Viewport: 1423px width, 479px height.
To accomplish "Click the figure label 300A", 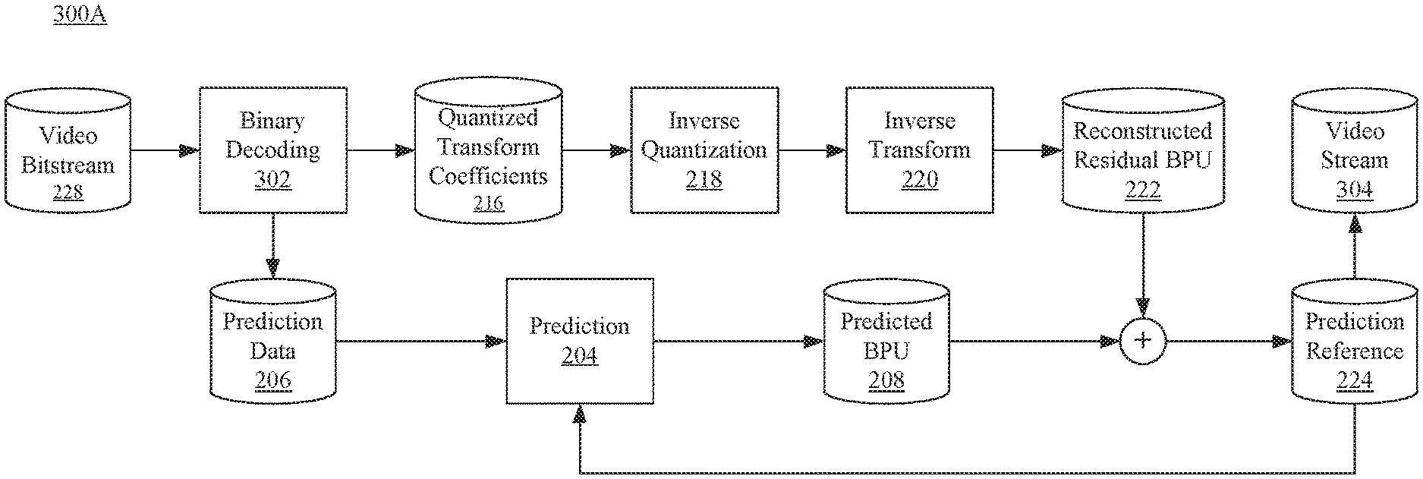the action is tap(80, 16).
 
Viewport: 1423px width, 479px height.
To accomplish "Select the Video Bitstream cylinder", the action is tap(68, 150).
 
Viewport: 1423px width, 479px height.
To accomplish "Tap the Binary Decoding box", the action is tap(273, 150).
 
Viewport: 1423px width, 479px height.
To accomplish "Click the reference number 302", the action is tap(273, 180).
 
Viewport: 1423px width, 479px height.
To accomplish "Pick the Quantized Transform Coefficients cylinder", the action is tap(489, 150).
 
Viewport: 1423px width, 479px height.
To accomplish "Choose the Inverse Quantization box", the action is tap(704, 150).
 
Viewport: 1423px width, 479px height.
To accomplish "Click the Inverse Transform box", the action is tap(920, 150).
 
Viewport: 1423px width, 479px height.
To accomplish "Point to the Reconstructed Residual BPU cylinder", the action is tap(1143, 150).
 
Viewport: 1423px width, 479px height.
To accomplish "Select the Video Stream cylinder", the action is tap(1355, 150).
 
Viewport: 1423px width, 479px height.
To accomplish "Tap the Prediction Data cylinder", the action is tap(273, 342).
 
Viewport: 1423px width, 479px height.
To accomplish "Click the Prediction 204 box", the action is tap(580, 342).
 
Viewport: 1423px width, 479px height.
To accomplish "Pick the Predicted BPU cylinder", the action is tap(886, 342).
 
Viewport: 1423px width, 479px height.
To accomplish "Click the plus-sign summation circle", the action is tap(1143, 342).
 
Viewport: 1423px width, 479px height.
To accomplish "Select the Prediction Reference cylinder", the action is tap(1355, 342).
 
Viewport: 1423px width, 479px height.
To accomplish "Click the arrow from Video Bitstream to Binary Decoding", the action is tap(165, 150).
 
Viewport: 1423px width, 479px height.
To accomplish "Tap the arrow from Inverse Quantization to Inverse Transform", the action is tap(812, 150).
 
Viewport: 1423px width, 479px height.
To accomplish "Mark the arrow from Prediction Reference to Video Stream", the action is tap(1355, 246).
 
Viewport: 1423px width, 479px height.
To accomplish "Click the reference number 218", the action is tap(704, 180).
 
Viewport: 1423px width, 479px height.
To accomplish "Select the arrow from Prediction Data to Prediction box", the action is tap(421, 342).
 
